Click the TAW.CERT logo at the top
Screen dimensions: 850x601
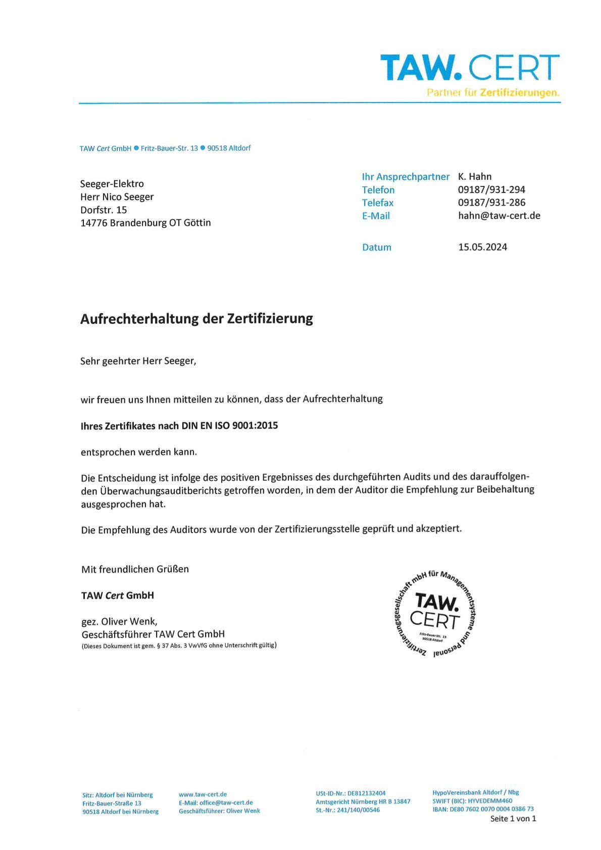(470, 67)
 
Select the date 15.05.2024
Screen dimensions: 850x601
(482, 247)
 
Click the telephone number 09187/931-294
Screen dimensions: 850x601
(491, 189)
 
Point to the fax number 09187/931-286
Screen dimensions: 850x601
(491, 203)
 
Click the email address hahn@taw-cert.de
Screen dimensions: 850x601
(499, 216)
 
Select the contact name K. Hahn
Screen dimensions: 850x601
(474, 176)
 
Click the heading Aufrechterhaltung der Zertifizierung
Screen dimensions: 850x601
(196, 319)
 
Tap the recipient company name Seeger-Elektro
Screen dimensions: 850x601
(112, 184)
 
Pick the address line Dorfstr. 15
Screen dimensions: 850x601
(104, 210)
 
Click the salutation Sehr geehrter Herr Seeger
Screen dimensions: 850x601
(138, 361)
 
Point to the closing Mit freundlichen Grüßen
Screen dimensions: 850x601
(135, 569)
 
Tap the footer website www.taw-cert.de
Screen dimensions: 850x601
(203, 794)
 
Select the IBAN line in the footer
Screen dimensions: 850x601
(482, 809)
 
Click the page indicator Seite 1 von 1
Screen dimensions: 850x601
(513, 819)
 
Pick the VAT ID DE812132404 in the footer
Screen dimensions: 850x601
(366, 793)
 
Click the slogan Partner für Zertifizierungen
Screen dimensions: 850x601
(493, 93)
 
